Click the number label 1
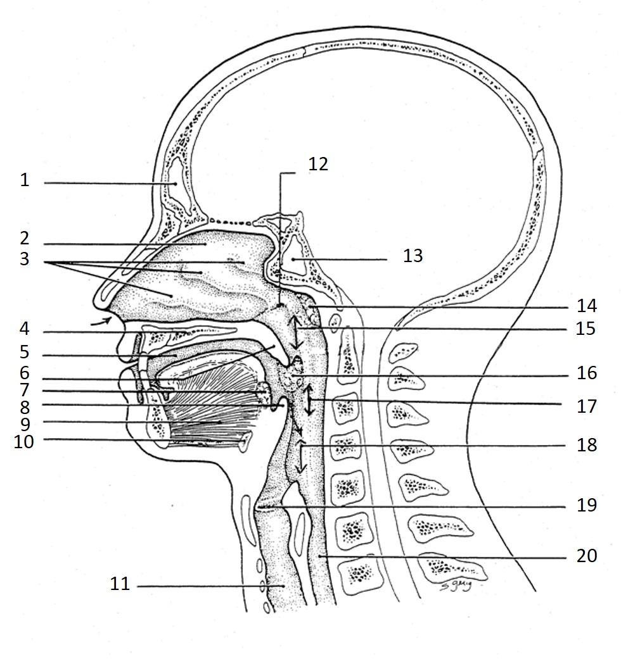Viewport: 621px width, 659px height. pos(25,180)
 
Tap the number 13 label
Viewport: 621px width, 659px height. pos(413,256)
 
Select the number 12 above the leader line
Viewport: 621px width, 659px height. pos(318,164)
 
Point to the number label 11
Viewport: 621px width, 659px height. pos(120,584)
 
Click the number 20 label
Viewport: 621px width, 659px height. pos(587,556)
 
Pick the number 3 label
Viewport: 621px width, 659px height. pos(25,259)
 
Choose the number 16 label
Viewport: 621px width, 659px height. pos(587,373)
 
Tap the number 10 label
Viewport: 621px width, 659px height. pos(24,442)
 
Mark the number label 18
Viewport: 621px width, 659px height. pos(587,445)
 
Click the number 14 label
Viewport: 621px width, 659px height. pos(587,306)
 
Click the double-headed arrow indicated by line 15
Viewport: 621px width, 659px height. pos(294,331)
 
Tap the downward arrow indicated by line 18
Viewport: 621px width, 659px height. pos(302,459)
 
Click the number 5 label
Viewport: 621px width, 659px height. pos(25,352)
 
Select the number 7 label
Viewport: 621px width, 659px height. pos(25,390)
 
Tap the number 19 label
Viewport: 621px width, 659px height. pos(587,505)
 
